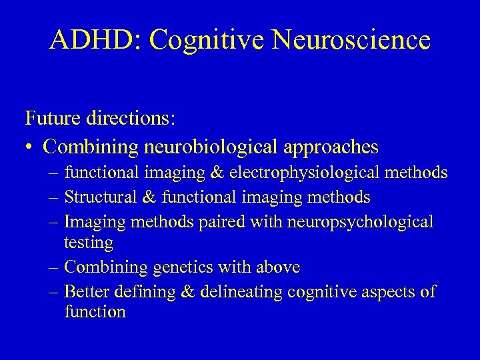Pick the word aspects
tap(383, 292)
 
